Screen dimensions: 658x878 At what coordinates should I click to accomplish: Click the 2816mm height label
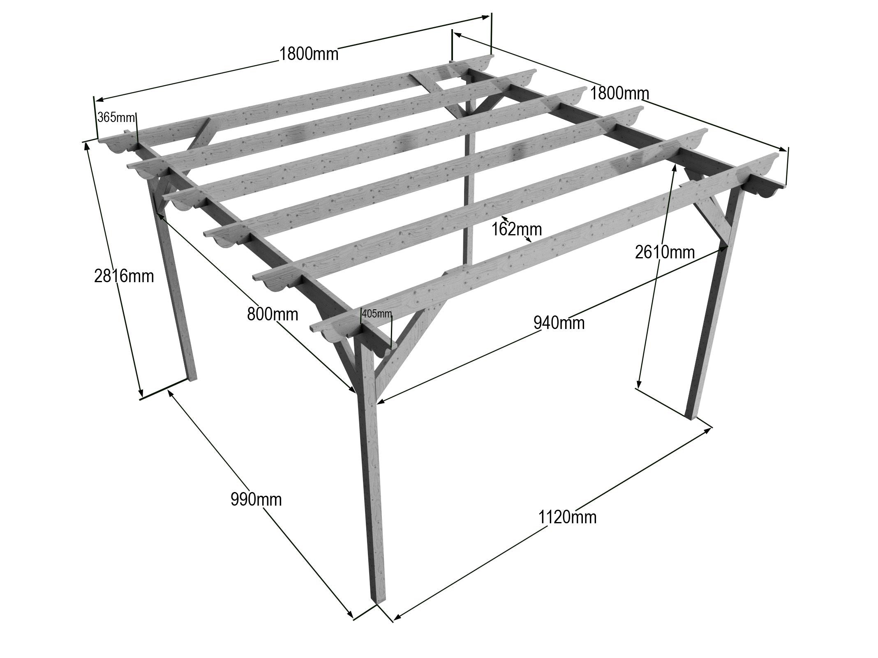pyautogui.click(x=124, y=276)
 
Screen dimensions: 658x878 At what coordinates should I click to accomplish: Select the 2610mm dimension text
pyautogui.click(x=665, y=252)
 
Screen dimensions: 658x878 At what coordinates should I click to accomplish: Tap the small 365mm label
pyautogui.click(x=116, y=118)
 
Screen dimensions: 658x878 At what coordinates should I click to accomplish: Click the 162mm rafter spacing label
pyautogui.click(x=517, y=229)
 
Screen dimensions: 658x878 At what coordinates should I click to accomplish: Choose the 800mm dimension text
pyautogui.click(x=273, y=315)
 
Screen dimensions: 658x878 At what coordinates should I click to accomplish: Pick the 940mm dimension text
pyautogui.click(x=559, y=323)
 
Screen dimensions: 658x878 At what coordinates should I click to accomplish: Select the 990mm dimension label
pyautogui.click(x=256, y=499)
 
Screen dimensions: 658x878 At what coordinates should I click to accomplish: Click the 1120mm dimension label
pyautogui.click(x=567, y=517)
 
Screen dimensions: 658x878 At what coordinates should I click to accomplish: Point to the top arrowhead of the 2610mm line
pyautogui.click(x=675, y=168)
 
